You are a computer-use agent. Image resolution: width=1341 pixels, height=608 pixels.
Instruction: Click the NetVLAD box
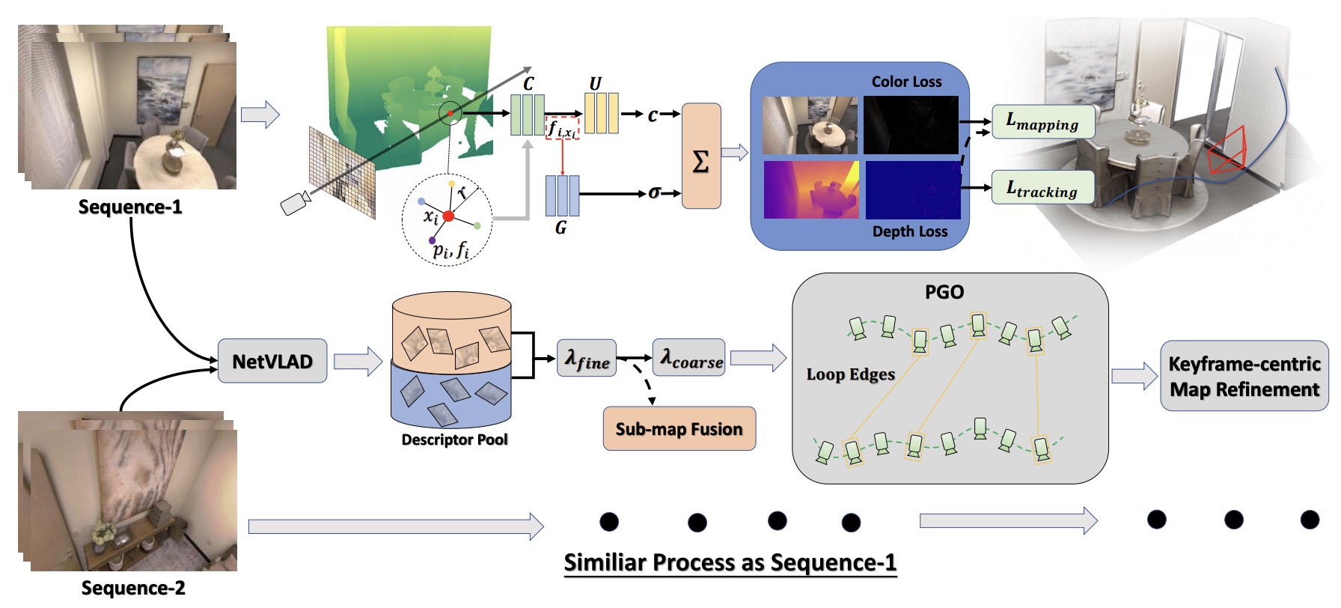pos(272,362)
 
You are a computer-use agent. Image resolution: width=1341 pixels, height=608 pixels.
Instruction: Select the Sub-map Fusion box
pos(679,429)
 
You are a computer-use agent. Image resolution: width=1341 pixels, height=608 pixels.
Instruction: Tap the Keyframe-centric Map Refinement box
pos(1244,377)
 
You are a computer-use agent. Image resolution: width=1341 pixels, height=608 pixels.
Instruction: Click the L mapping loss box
pos(1043,122)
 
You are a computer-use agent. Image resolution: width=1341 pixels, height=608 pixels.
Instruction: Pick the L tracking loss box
pos(1042,188)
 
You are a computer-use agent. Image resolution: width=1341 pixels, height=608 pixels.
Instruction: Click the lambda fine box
pos(587,359)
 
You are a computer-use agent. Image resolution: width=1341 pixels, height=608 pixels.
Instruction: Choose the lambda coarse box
pos(689,358)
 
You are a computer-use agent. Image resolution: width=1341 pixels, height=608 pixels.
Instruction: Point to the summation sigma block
pos(701,156)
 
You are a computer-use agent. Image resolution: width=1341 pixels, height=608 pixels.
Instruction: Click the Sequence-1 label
pos(130,207)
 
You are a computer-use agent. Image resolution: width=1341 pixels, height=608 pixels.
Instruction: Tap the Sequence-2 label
pos(133,588)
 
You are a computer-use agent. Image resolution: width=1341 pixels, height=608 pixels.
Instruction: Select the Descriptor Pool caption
pos(454,440)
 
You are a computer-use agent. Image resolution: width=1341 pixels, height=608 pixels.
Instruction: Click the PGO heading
pos(944,292)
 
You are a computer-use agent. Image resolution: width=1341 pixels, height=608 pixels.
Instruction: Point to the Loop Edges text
pos(850,374)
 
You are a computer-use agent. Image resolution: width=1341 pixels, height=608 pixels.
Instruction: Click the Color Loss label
pos(906,82)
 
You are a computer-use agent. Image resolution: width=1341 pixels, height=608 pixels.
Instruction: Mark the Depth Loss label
pos(910,231)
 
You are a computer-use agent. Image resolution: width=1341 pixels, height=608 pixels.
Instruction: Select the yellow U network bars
pos(602,113)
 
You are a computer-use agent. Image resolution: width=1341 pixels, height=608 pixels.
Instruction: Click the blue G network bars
pos(562,195)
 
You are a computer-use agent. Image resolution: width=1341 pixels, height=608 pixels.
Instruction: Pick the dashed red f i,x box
pos(562,129)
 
